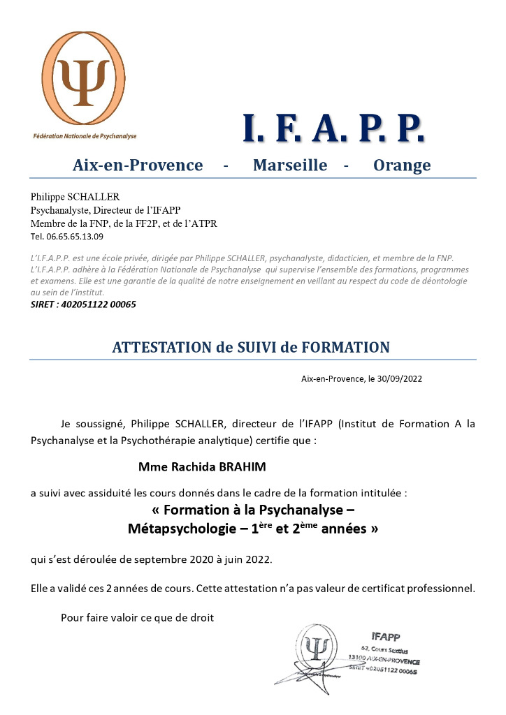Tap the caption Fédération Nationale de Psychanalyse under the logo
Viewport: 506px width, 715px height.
[x=85, y=135]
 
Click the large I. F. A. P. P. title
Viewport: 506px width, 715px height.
[x=333, y=128]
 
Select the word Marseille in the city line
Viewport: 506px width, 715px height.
[x=290, y=165]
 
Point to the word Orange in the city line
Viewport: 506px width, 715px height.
[x=402, y=165]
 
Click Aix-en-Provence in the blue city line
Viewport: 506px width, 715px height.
[x=138, y=165]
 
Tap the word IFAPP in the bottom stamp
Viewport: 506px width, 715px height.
[x=386, y=636]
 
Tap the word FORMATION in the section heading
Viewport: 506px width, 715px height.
[x=345, y=347]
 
